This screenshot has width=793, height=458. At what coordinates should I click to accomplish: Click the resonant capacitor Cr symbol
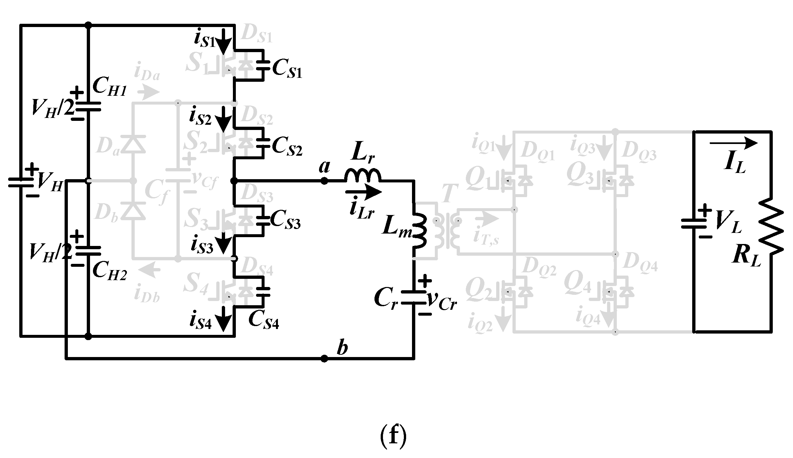[x=414, y=297]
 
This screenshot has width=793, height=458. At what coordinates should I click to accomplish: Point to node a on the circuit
[x=324, y=181]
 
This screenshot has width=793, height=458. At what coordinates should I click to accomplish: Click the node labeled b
[x=324, y=359]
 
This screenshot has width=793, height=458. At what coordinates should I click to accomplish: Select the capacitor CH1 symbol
[x=88, y=107]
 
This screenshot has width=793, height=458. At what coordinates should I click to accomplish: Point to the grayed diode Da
[x=133, y=145]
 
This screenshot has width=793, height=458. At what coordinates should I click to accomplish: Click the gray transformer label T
[x=450, y=193]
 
